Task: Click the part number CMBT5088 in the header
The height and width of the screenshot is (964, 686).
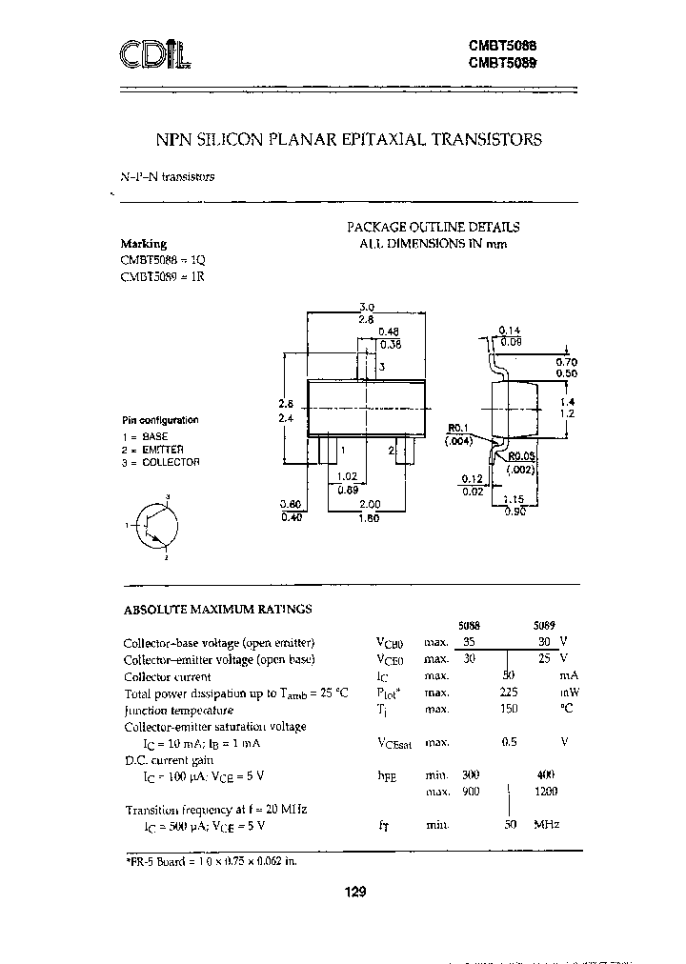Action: click(502, 44)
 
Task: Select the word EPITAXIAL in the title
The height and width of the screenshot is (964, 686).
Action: click(381, 139)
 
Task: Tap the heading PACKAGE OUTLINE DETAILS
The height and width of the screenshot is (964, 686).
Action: click(433, 227)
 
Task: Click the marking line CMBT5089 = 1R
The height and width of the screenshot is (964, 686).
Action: click(163, 276)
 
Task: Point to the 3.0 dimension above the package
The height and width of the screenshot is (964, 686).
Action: click(366, 307)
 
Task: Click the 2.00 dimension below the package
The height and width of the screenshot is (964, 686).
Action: click(372, 504)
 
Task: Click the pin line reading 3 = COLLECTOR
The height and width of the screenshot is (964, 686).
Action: click(161, 462)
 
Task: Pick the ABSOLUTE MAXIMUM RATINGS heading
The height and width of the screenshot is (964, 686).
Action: click(218, 609)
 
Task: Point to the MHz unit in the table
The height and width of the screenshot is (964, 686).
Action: click(547, 825)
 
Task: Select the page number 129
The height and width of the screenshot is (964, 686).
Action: click(353, 892)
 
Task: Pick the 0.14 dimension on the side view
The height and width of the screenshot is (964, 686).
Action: click(509, 330)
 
